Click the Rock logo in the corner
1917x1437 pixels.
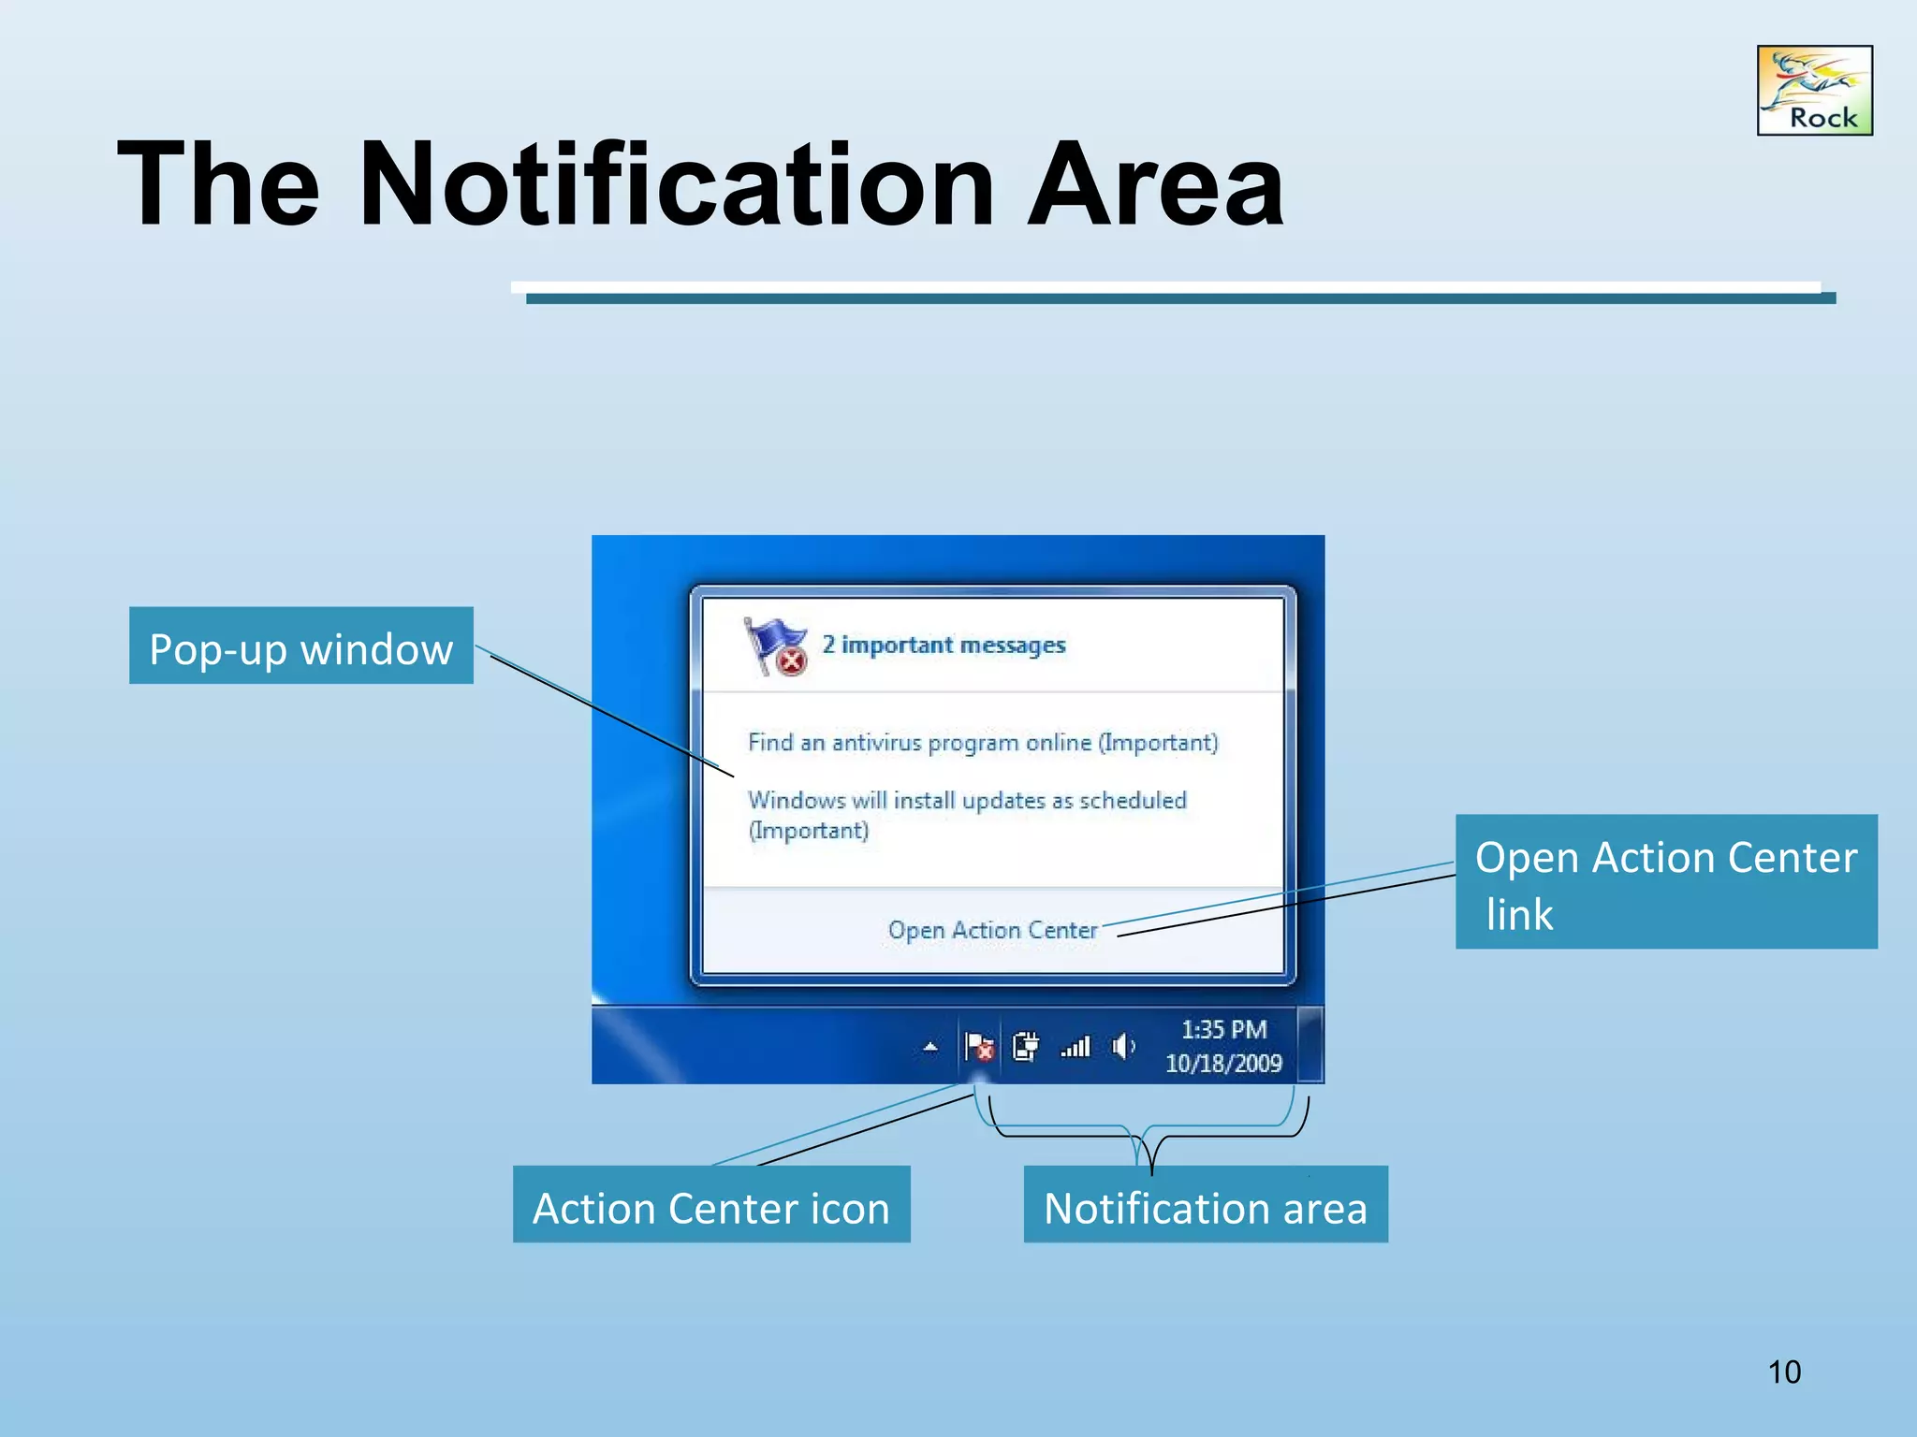[x=1814, y=90]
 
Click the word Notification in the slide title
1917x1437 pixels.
[x=675, y=184]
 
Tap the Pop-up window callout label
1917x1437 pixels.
[x=300, y=646]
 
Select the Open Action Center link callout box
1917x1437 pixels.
[x=1665, y=881]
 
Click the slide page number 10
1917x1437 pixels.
[x=1784, y=1372]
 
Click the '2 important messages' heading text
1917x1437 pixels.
[x=944, y=645]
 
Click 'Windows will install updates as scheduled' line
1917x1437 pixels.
[x=966, y=801]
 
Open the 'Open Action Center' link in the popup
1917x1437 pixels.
[x=992, y=930]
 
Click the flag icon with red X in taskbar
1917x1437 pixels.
[x=979, y=1046]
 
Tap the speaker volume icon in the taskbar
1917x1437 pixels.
[x=1122, y=1046]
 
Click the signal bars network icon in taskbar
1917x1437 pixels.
[x=1076, y=1046]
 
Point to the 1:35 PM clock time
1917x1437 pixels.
[x=1223, y=1029]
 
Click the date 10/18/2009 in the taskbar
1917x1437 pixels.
[x=1223, y=1064]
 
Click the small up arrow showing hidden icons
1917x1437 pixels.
[x=930, y=1047]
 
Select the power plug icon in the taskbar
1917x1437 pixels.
[x=1026, y=1046]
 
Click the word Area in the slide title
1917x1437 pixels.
[x=1155, y=184]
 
